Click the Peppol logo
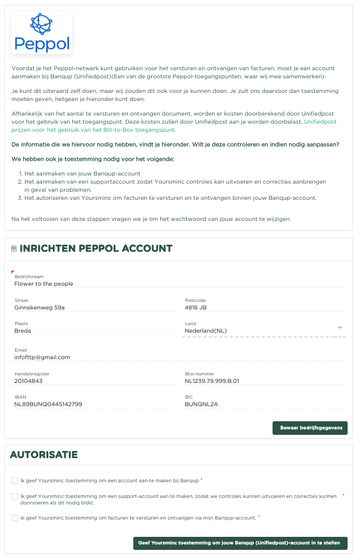[x=42, y=33]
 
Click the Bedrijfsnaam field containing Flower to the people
[x=178, y=284]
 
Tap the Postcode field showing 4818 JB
[x=264, y=308]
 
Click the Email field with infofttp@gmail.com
[x=178, y=357]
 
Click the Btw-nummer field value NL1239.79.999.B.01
[x=264, y=381]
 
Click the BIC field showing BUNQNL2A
[x=264, y=404]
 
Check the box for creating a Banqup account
[x=15, y=480]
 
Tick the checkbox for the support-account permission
[x=15, y=496]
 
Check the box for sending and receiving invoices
[x=15, y=518]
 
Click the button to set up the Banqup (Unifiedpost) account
[x=240, y=543]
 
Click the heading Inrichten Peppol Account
[x=96, y=248]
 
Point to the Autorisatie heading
[x=44, y=455]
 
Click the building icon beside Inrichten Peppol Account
[x=13, y=249]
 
